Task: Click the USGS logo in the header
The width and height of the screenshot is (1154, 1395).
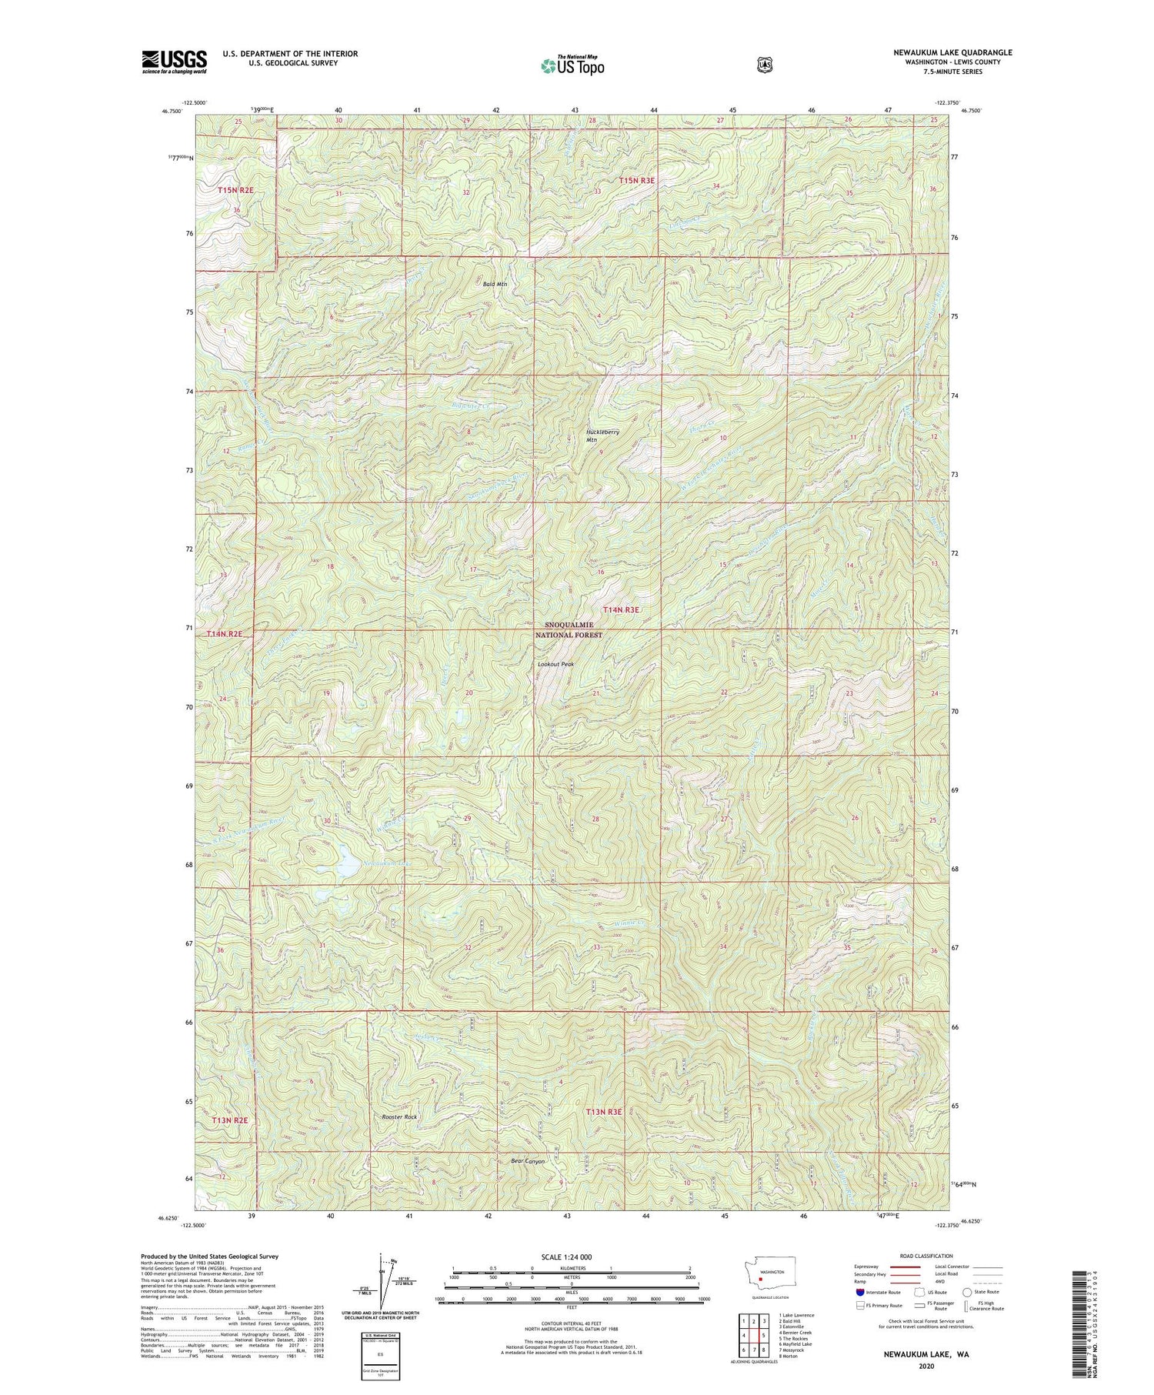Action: [x=174, y=61]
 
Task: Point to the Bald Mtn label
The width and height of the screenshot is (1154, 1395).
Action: [x=495, y=284]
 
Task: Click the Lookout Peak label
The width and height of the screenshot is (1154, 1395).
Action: [x=555, y=664]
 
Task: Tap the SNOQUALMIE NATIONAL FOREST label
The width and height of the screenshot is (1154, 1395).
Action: [x=569, y=630]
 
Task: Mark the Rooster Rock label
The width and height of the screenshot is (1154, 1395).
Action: [x=399, y=1116]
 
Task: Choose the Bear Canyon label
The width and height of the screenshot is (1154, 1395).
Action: [x=528, y=1161]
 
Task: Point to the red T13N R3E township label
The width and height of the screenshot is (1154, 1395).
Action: [x=603, y=1112]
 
